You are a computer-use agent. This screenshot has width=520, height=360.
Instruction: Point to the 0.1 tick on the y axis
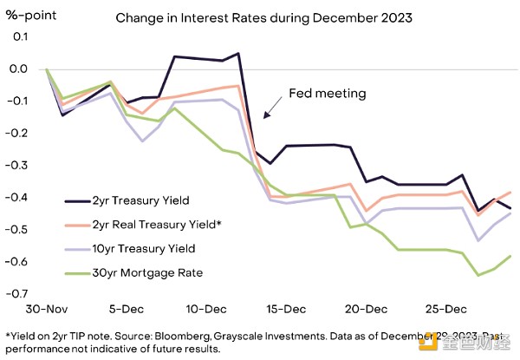[x=20, y=36]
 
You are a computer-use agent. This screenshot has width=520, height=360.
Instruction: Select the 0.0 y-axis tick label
[x=20, y=69]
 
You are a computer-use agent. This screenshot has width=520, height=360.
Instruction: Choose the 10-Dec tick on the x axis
[x=205, y=309]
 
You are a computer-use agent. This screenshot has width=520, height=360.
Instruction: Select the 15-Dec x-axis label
[x=285, y=309]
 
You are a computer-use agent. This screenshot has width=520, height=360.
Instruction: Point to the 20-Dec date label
[x=365, y=309]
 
